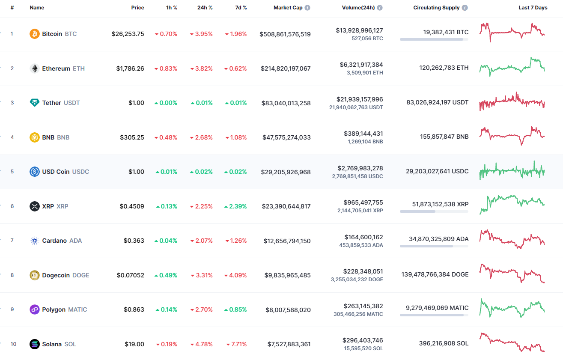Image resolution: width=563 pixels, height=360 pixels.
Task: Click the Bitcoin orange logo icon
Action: click(35, 34)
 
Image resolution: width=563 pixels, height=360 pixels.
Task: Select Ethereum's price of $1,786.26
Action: click(130, 68)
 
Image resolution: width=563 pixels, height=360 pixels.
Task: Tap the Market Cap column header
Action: click(288, 8)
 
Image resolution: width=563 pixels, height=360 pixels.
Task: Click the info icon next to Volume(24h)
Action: click(380, 8)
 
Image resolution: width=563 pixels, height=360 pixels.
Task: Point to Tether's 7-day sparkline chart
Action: click(512, 102)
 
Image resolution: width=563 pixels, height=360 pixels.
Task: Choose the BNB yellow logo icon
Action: click(35, 137)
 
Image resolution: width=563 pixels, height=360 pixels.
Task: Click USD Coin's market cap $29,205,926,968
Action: click(286, 172)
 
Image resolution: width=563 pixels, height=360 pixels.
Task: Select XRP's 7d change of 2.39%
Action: click(236, 206)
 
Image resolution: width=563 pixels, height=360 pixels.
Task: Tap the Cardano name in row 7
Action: click(54, 241)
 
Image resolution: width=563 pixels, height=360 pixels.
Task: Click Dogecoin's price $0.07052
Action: click(131, 275)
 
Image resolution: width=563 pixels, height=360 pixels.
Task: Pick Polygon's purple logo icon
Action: click(35, 309)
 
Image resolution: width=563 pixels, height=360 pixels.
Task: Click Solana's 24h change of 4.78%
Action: click(202, 344)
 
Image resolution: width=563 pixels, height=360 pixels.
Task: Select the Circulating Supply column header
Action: click(436, 8)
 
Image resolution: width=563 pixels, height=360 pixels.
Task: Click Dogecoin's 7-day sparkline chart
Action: click(512, 274)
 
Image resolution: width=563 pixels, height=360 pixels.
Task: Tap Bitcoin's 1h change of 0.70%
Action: click(166, 34)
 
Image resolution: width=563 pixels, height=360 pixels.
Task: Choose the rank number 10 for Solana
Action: click(13, 344)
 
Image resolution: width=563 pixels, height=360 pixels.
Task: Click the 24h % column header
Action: click(205, 8)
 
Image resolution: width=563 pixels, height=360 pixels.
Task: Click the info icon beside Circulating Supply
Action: click(465, 8)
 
